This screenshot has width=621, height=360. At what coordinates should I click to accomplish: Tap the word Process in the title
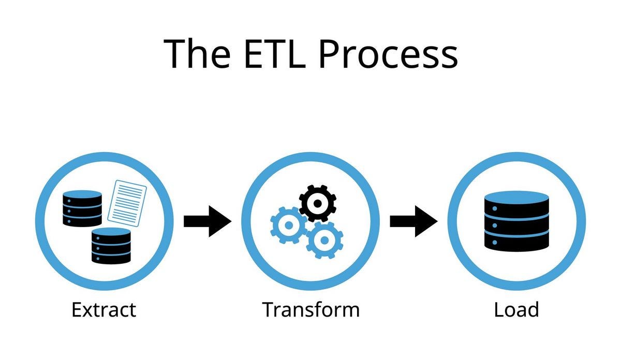tap(388, 54)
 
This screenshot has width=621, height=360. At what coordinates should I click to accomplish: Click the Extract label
tap(103, 310)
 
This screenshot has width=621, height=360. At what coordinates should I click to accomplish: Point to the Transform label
tap(310, 310)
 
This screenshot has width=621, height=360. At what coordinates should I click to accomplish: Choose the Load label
tap(516, 310)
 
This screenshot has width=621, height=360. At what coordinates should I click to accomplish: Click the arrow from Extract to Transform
tap(207, 221)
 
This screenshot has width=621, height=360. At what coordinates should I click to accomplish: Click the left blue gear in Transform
tap(288, 225)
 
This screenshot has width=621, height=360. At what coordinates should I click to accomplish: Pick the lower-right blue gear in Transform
tap(324, 239)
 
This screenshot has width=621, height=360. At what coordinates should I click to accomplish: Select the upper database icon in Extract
tap(82, 208)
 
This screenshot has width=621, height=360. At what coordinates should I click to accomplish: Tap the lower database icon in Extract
tap(111, 246)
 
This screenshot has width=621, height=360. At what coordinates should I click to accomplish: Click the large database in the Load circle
tap(516, 221)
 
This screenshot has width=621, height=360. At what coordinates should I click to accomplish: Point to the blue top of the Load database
tap(516, 197)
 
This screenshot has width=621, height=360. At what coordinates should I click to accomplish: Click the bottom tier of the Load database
tap(516, 242)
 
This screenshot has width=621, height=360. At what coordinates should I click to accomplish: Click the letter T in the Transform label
tap(269, 310)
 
